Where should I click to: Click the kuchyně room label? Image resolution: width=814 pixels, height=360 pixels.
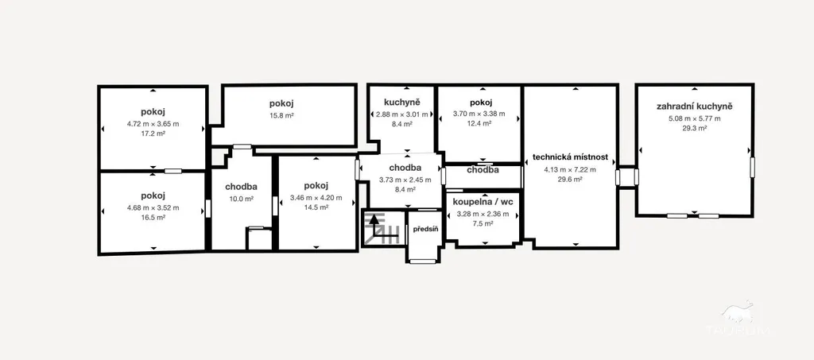(401, 103)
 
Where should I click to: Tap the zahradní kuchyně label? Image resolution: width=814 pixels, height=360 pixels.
(694, 106)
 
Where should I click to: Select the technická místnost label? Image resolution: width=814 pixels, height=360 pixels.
(570, 157)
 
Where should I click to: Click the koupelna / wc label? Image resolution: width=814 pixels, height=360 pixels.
(483, 202)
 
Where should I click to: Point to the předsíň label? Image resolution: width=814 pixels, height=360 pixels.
(425, 229)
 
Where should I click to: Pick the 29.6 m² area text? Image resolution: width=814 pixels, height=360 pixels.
(569, 180)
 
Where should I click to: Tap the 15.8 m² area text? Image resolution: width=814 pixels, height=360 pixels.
(281, 116)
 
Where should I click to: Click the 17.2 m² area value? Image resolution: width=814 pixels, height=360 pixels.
(153, 134)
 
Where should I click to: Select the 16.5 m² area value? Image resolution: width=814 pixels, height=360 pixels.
(153, 218)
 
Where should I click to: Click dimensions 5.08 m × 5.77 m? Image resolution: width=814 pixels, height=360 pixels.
(694, 118)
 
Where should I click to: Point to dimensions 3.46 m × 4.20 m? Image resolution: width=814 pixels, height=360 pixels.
(316, 198)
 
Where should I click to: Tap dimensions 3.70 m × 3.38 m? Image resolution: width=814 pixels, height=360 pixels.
(479, 114)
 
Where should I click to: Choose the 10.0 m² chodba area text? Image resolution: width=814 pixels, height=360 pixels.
(242, 199)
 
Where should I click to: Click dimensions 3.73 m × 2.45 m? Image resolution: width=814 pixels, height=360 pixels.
(405, 180)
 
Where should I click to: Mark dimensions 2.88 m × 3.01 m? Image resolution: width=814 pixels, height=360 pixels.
(401, 114)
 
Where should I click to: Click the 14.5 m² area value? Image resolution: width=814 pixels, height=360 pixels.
(316, 207)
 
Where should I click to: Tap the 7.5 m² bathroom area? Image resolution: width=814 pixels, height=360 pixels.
(483, 223)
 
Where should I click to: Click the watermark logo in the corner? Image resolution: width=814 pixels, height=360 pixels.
(738, 317)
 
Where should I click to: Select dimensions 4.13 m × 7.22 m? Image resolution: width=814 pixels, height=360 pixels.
(569, 169)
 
